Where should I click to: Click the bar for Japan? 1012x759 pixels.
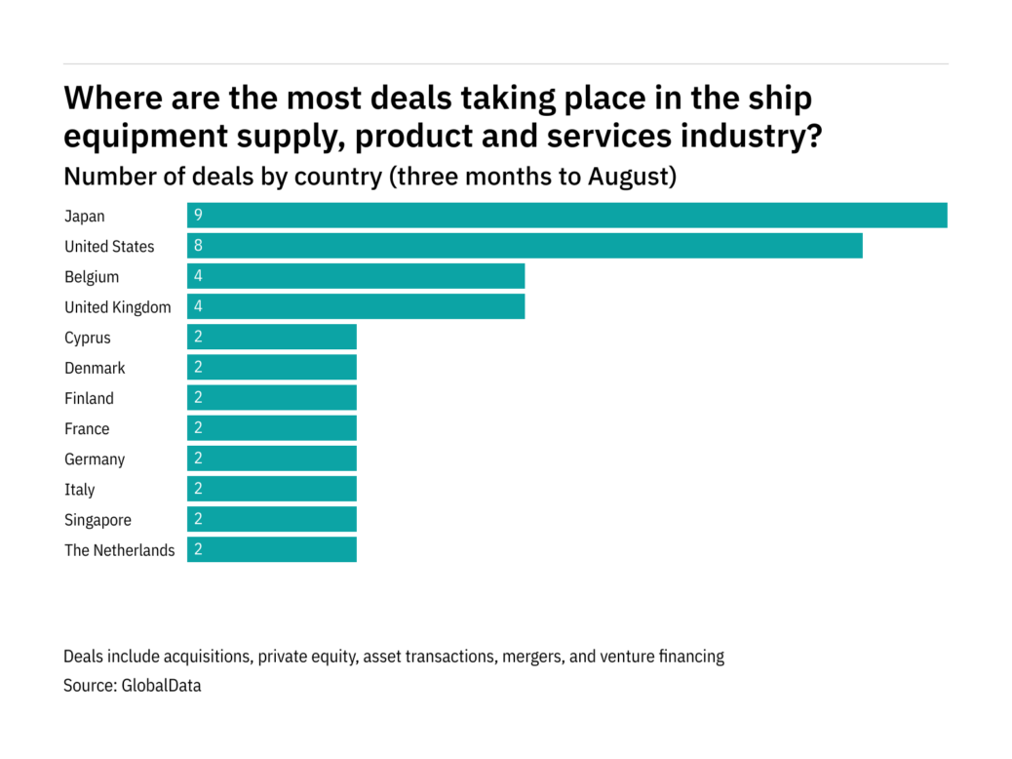click(x=566, y=216)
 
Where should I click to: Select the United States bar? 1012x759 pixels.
click(x=525, y=246)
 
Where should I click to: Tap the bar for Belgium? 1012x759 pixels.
click(x=356, y=276)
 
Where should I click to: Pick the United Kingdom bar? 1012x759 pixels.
click(x=356, y=306)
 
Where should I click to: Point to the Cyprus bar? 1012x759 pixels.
click(x=272, y=338)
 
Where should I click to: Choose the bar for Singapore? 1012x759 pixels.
click(x=272, y=519)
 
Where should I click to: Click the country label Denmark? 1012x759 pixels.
click(x=95, y=368)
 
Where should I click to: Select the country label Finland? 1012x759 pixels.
click(x=89, y=398)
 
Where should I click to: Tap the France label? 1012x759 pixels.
click(x=87, y=428)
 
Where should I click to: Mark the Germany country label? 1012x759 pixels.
click(x=95, y=459)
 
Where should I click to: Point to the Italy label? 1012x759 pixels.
click(x=80, y=489)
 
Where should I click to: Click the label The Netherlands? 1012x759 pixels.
click(x=120, y=550)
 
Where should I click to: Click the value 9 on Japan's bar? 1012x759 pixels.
click(x=198, y=216)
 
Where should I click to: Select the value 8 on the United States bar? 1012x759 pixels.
click(x=198, y=246)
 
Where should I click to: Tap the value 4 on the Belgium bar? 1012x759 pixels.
click(x=198, y=276)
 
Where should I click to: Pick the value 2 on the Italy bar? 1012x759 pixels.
click(x=198, y=489)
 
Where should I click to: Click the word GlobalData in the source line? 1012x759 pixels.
click(x=161, y=686)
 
